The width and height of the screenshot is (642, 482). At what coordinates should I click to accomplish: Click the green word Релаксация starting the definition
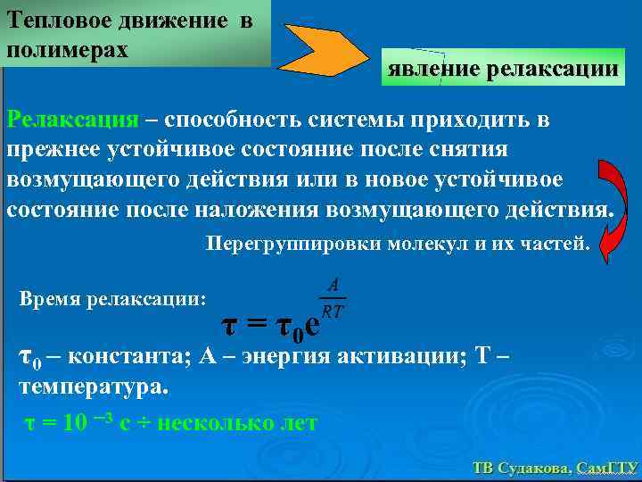pyautogui.click(x=72, y=120)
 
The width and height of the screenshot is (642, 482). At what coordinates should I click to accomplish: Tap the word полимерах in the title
pyautogui.click(x=67, y=48)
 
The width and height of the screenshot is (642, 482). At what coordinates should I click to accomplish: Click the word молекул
pyautogui.click(x=426, y=243)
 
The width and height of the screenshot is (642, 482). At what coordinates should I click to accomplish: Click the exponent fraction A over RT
pyautogui.click(x=333, y=298)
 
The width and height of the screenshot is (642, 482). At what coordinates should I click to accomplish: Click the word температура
pyautogui.click(x=91, y=388)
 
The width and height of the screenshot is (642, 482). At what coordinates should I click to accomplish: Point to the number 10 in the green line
pyautogui.click(x=75, y=422)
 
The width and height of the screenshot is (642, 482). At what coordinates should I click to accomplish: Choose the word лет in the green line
pyautogui.click(x=298, y=422)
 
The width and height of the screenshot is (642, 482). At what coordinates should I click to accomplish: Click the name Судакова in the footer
pyautogui.click(x=533, y=468)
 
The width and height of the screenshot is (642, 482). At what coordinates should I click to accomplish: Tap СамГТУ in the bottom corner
pyautogui.click(x=606, y=468)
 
